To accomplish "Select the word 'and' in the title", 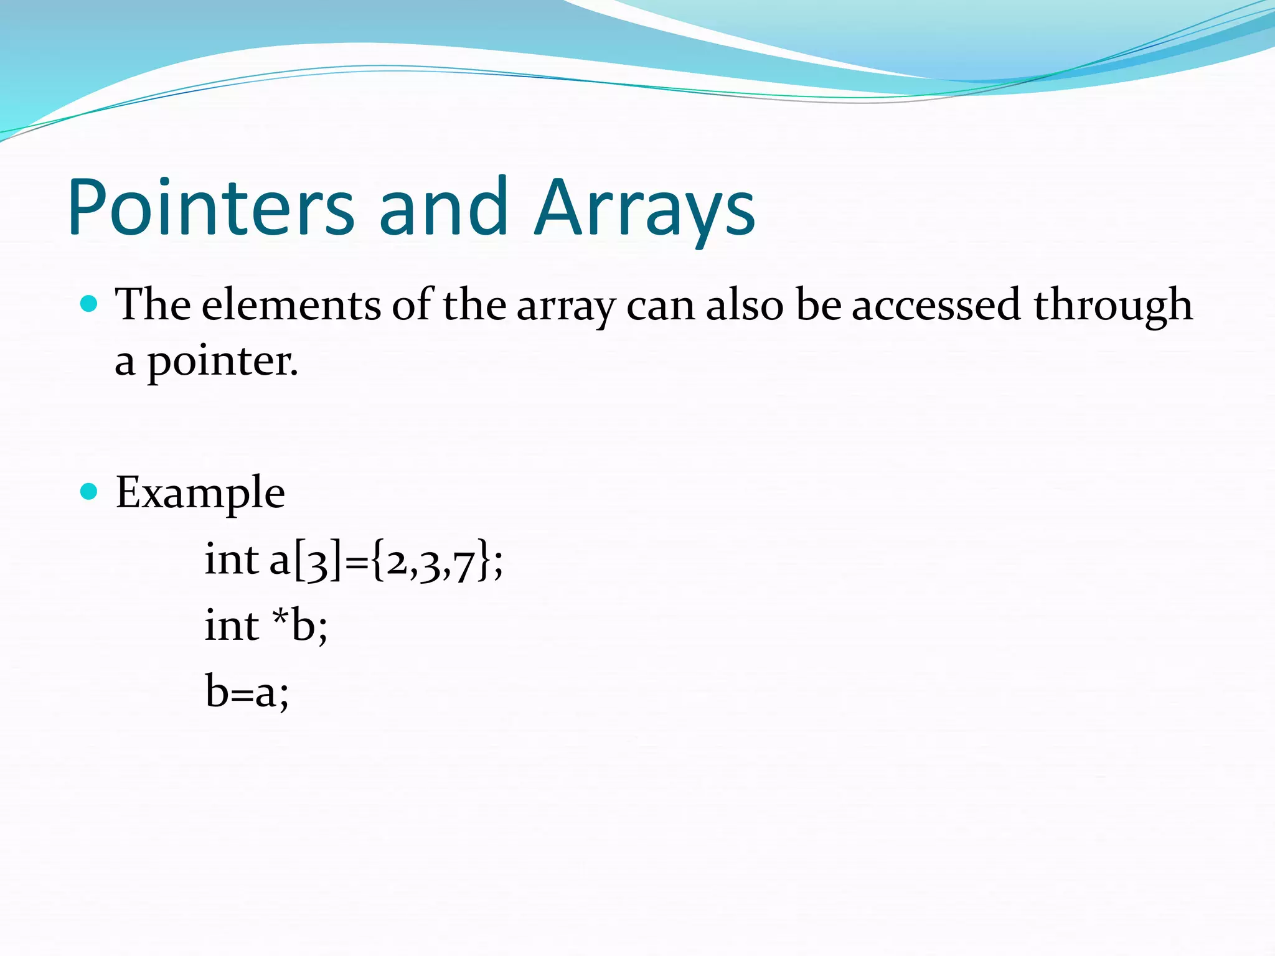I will (x=443, y=207).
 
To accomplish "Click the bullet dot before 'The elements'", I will (x=90, y=304).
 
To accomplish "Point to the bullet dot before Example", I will (x=90, y=492).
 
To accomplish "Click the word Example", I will (x=200, y=493).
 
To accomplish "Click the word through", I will (x=1113, y=306).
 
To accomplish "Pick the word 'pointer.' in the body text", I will (x=223, y=362).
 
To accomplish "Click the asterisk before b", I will (x=280, y=616).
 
